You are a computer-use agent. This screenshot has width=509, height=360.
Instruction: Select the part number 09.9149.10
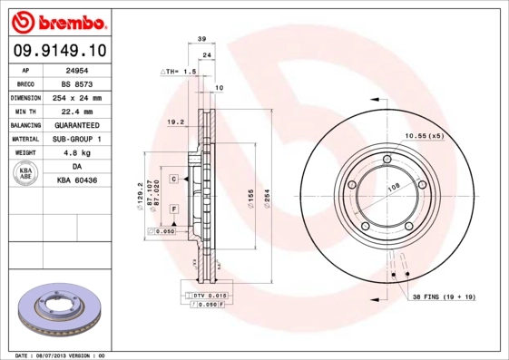click(57, 50)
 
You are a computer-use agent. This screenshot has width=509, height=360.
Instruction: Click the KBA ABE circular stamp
click(26, 174)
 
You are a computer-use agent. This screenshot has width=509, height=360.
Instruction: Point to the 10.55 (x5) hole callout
click(423, 135)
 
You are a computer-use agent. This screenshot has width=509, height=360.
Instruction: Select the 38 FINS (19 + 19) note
click(441, 297)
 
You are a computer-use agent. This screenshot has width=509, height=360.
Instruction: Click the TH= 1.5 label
click(178, 71)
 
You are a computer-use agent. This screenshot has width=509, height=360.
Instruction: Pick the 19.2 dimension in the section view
click(176, 120)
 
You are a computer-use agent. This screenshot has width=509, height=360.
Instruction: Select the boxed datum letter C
click(172, 180)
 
